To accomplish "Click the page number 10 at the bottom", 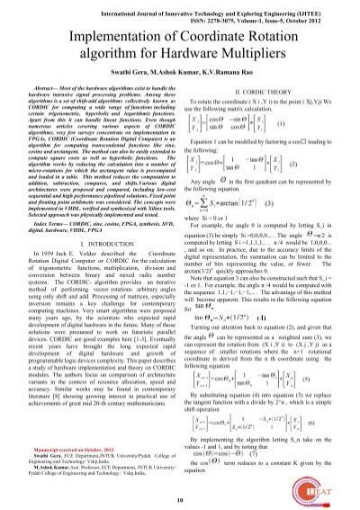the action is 179,499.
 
